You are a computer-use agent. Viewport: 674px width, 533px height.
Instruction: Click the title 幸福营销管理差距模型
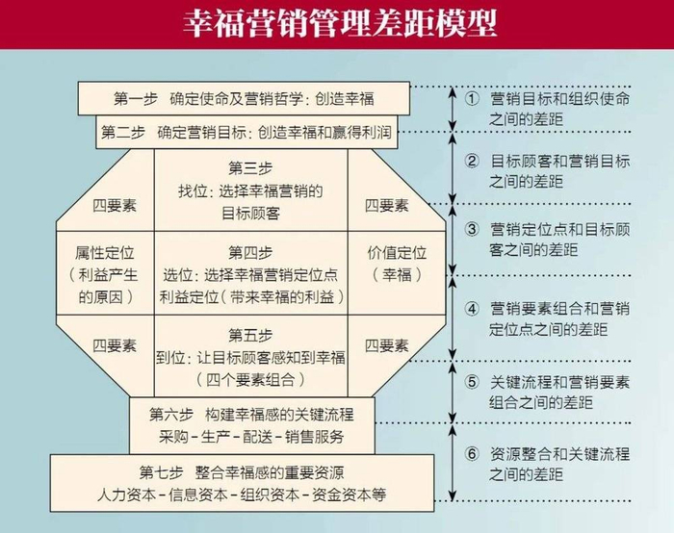pyautogui.click(x=337, y=22)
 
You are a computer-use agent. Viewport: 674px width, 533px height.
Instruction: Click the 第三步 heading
pyautogui.click(x=250, y=169)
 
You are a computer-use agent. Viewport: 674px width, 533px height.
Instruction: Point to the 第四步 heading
pyautogui.click(x=250, y=253)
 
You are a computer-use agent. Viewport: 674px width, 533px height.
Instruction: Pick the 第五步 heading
pyautogui.click(x=250, y=336)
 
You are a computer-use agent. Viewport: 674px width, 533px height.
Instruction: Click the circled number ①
pyautogui.click(x=471, y=98)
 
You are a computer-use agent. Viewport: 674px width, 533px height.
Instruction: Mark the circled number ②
pyautogui.click(x=471, y=161)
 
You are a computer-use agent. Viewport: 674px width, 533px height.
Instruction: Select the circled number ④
pyautogui.click(x=471, y=309)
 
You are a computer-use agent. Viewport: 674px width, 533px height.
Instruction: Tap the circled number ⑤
pyautogui.click(x=471, y=382)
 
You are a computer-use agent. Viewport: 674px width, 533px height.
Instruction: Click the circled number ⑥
pyautogui.click(x=471, y=453)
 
